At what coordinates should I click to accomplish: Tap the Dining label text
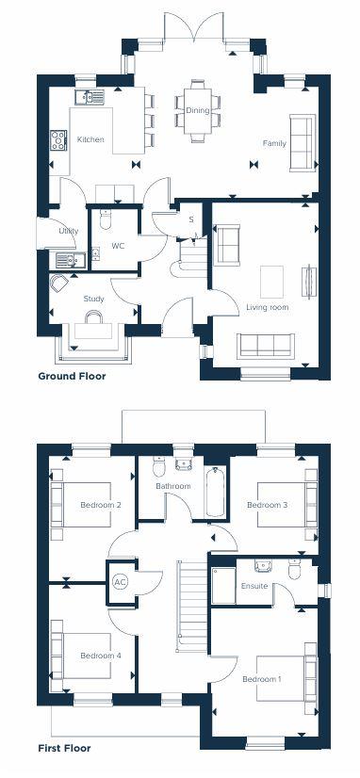point(198,110)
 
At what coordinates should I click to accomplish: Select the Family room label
point(274,143)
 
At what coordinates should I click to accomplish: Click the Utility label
point(68,231)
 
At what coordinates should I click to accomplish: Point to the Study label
point(93,299)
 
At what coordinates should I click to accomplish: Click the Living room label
point(268,307)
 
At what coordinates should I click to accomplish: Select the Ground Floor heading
point(72,376)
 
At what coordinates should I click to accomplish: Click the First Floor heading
point(65,750)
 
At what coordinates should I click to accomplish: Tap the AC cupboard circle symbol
point(120,581)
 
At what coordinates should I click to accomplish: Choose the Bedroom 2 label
point(101,506)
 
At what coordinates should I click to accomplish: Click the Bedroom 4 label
point(101,656)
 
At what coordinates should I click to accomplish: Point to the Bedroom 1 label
point(261,679)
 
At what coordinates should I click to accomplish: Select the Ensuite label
point(255,586)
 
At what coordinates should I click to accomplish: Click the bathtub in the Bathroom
point(216,491)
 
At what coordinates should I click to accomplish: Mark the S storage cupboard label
point(191,220)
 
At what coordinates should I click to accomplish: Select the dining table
point(198,111)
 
